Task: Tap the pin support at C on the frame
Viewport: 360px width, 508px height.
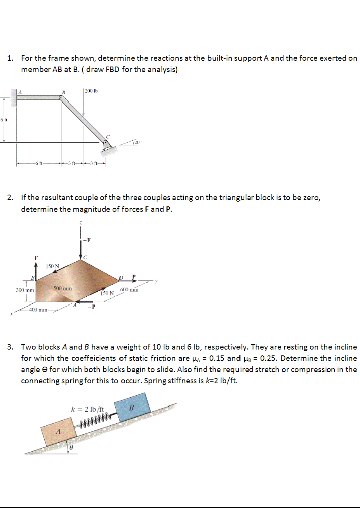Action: point(106,144)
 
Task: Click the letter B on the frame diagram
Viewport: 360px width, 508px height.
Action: point(63,92)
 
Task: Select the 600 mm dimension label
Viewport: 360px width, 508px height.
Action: point(130,290)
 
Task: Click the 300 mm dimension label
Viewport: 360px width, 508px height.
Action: point(24,290)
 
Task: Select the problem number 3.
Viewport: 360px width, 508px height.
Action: point(10,347)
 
